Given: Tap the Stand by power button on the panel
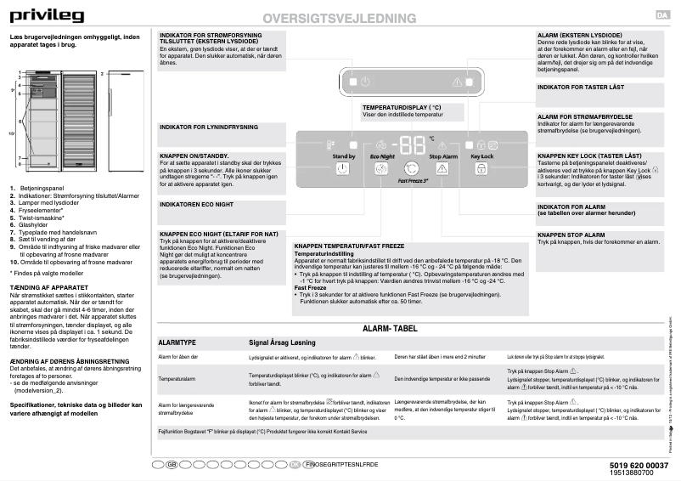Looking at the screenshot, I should tap(343, 169).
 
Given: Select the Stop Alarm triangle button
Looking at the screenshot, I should tap(443, 169).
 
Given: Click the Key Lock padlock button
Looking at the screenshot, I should tap(481, 169).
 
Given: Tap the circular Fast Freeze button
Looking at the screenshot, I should tap(411, 168).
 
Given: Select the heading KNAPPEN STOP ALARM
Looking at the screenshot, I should tap(571, 235).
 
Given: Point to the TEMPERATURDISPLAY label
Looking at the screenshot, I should tap(402, 108).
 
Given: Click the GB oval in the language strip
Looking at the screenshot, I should tap(171, 466).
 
